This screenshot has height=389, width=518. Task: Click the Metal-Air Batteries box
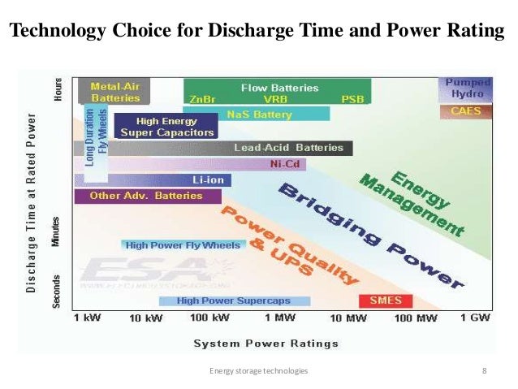[x=114, y=91]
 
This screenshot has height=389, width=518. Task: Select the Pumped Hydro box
[x=468, y=88]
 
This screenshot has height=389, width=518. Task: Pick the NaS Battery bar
[x=257, y=115]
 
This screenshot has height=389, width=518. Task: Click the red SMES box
[x=386, y=300]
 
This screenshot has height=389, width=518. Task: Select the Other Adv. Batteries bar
[x=136, y=196]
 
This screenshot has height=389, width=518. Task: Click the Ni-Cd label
[x=282, y=164]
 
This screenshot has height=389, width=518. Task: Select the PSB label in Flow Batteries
[x=352, y=99]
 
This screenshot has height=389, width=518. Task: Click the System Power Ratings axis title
[x=265, y=343]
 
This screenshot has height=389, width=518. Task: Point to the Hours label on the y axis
[x=58, y=89]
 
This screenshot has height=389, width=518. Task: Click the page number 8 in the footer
[x=484, y=371]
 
